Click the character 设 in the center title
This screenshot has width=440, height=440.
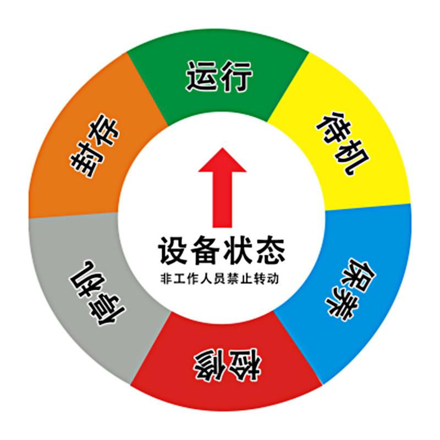(172, 250)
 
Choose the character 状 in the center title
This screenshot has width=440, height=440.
(238, 250)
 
